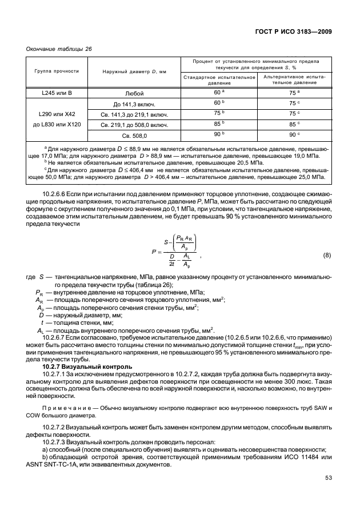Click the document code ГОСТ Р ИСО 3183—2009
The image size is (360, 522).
click(x=291, y=31)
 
